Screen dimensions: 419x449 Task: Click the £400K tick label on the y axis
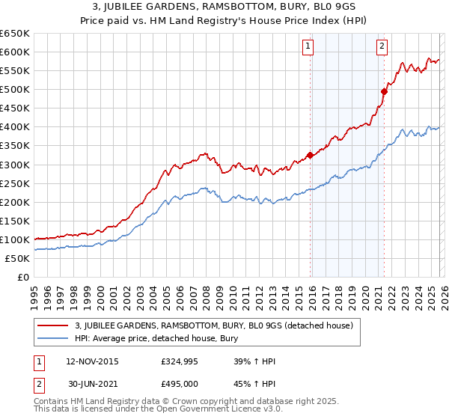(x=15, y=127)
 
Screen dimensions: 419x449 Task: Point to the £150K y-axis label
(x=15, y=221)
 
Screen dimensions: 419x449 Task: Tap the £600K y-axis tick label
(x=15, y=52)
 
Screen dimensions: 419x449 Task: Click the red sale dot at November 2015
(x=310, y=156)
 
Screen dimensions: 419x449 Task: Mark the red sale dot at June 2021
(x=384, y=91)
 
